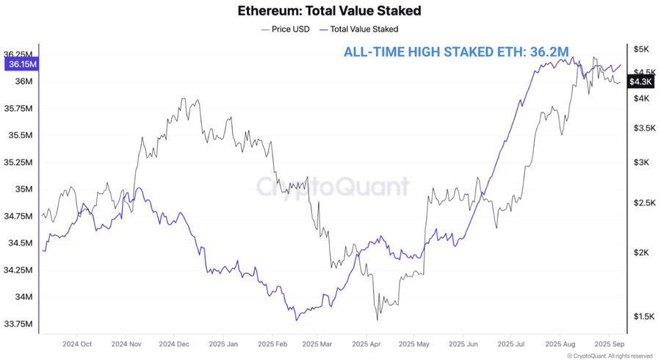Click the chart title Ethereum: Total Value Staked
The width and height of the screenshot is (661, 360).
[x=330, y=11]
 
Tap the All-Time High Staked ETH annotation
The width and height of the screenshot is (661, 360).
[x=456, y=52]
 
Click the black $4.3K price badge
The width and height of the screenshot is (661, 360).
[x=643, y=82]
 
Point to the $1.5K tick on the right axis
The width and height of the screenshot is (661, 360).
[x=643, y=316]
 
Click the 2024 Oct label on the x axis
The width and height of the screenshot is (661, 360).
[x=77, y=344]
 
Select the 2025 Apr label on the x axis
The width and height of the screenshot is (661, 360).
[x=366, y=344]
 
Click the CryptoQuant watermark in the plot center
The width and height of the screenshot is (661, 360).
[x=332, y=186]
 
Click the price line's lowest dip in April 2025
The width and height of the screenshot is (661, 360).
[x=377, y=320]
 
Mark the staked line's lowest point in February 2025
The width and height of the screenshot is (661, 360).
[x=296, y=320]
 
